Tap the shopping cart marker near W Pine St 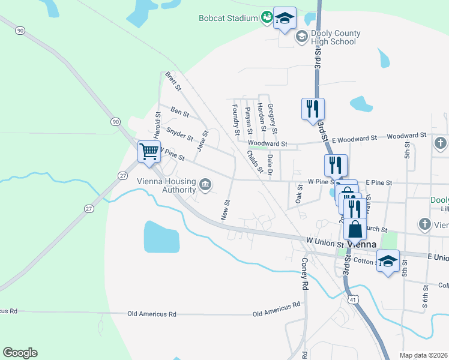click(x=149, y=151)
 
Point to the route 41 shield click(x=354, y=298)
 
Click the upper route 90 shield click(x=20, y=30)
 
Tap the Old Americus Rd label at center click(x=152, y=314)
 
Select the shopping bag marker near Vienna click(x=355, y=229)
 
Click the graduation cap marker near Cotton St click(x=388, y=260)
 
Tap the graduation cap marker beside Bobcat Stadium click(x=285, y=18)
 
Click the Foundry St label click(x=236, y=119)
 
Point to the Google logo click(x=20, y=353)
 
